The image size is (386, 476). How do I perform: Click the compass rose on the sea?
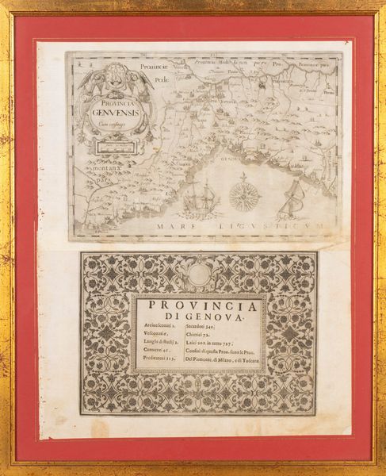tap(245, 194)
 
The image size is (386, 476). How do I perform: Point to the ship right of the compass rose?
tap(292, 198)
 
